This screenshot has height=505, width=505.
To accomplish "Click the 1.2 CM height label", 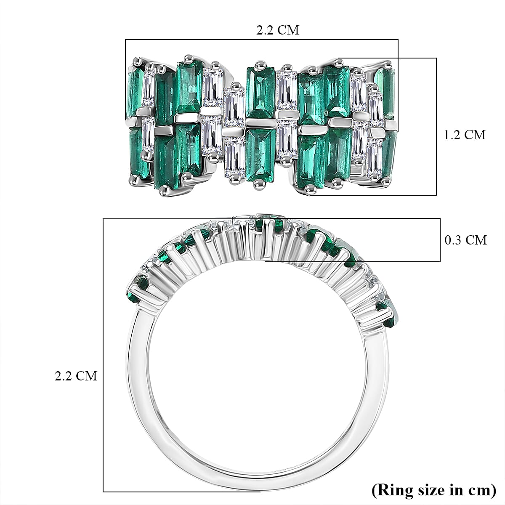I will [x=465, y=135].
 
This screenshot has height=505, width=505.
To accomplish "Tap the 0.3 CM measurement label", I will [x=465, y=240].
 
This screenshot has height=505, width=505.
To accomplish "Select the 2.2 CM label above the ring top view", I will [x=278, y=30].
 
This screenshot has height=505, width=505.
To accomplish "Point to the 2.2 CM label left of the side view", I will [x=76, y=376].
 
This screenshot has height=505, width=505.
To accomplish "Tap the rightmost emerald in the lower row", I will [x=388, y=154].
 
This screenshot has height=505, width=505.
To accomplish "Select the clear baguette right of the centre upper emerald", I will [x=287, y=90].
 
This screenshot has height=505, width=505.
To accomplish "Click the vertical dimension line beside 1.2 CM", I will [x=436, y=126].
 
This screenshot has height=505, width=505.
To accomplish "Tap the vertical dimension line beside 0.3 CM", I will [x=440, y=240].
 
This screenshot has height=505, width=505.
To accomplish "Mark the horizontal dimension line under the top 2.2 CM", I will [x=261, y=40].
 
